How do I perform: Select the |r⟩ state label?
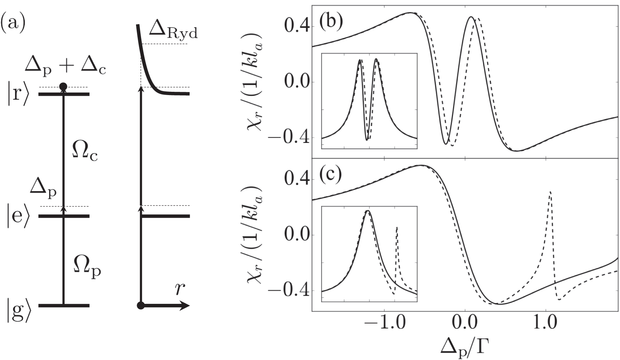pos(17,95)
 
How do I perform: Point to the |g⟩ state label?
pos(17,310)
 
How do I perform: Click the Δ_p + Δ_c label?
pos(65,66)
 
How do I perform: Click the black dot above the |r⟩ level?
pos(63,86)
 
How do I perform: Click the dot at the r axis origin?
pos(141,306)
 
